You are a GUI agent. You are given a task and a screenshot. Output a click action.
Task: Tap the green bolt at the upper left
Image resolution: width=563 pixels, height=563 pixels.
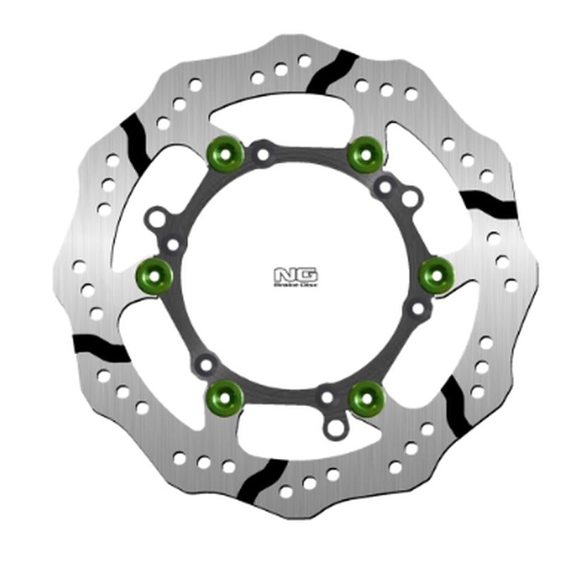pyautogui.click(x=226, y=149)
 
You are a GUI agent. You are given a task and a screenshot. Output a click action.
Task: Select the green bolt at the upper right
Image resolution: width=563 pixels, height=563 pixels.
pyautogui.click(x=364, y=149)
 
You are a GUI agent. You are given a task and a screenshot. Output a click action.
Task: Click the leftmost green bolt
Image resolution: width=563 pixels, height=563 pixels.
pyautogui.click(x=154, y=271)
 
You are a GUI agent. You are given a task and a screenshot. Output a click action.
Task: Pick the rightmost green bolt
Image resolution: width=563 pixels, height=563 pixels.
pyautogui.click(x=435, y=272)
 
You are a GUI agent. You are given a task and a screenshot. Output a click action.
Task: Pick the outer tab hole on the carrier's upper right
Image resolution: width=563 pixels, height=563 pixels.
pyautogui.click(x=409, y=199)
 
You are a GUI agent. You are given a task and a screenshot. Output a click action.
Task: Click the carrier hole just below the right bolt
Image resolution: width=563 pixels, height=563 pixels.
pyautogui.click(x=417, y=308)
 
